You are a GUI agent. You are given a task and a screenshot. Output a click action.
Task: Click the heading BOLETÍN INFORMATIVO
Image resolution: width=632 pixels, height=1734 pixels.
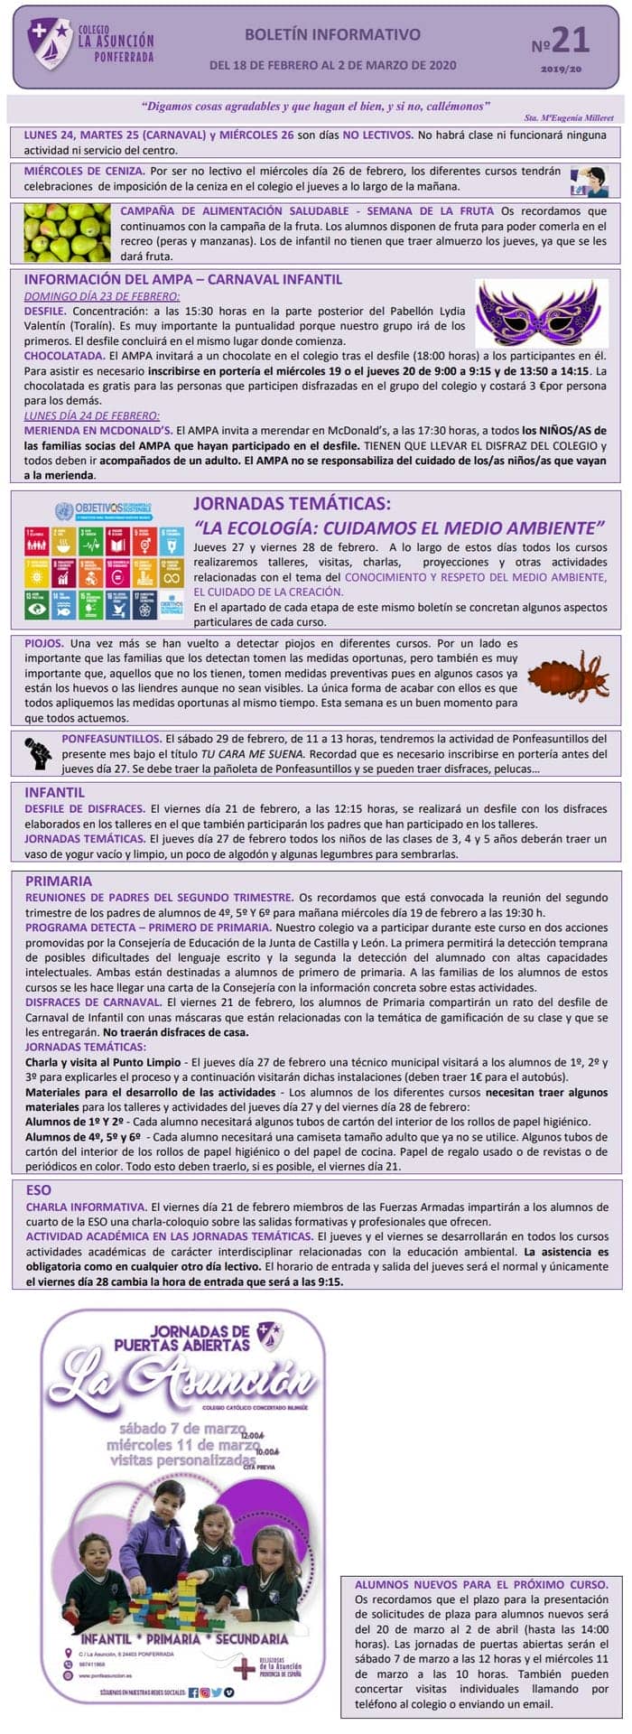332,35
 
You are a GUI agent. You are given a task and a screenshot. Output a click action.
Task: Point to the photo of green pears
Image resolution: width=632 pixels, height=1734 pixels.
67,232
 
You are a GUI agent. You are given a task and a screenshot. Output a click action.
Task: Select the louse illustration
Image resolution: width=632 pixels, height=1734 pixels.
568,676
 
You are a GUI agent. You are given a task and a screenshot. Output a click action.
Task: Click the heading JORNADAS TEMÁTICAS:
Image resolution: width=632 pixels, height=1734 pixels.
293,504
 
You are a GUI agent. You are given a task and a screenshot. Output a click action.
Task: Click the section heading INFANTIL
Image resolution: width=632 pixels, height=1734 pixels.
54,792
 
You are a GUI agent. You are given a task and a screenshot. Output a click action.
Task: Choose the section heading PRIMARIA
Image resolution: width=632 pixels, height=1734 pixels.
59,881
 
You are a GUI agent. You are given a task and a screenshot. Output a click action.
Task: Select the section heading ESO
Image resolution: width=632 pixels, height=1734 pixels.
39,1189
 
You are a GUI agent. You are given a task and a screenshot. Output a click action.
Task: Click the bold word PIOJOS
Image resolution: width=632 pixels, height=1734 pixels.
44,643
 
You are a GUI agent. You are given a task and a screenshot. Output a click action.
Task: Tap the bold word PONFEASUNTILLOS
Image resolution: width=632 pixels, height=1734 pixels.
111,738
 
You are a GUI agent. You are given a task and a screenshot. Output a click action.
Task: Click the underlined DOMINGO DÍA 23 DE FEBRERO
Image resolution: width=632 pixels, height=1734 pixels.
102,295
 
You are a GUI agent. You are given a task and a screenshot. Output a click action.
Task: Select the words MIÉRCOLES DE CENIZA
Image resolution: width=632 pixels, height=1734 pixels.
84,171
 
